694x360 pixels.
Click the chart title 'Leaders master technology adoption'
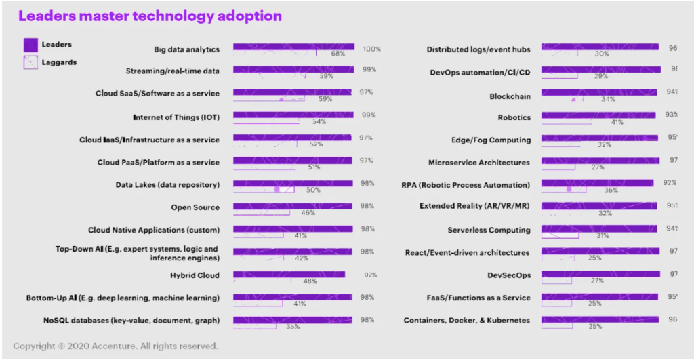click(x=150, y=15)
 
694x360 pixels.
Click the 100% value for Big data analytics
click(x=371, y=49)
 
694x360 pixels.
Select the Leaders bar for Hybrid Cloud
click(x=289, y=275)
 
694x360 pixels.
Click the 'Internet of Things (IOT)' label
click(x=176, y=116)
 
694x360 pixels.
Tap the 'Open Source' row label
click(x=195, y=207)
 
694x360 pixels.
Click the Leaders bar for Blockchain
click(x=598, y=92)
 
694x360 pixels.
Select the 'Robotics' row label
click(x=514, y=117)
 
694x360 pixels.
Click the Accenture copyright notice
click(x=115, y=346)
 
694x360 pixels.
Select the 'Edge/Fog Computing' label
click(x=491, y=140)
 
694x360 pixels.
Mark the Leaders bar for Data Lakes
click(x=293, y=183)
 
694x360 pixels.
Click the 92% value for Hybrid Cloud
click(x=369, y=275)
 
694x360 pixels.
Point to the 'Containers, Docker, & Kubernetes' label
click(x=467, y=320)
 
